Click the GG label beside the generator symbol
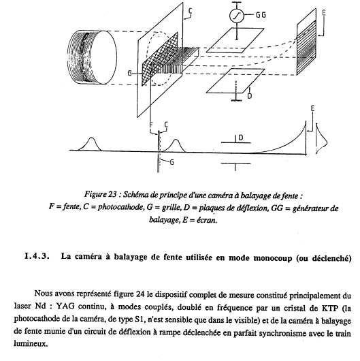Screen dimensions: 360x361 point(261,15)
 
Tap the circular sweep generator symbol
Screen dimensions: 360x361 point(236,16)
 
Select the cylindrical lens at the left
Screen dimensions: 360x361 point(91,57)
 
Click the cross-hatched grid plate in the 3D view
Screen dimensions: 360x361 point(160,59)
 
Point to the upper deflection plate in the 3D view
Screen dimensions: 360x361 point(235,40)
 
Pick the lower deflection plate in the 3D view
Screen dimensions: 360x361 point(235,81)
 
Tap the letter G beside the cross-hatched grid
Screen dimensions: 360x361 point(130,74)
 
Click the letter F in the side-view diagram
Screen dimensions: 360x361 point(151,125)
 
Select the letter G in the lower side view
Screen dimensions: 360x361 point(172,162)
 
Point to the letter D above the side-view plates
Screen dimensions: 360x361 point(241,138)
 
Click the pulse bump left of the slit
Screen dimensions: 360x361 point(91,144)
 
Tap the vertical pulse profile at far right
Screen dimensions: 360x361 point(322,139)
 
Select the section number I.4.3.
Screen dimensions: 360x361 point(37,256)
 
